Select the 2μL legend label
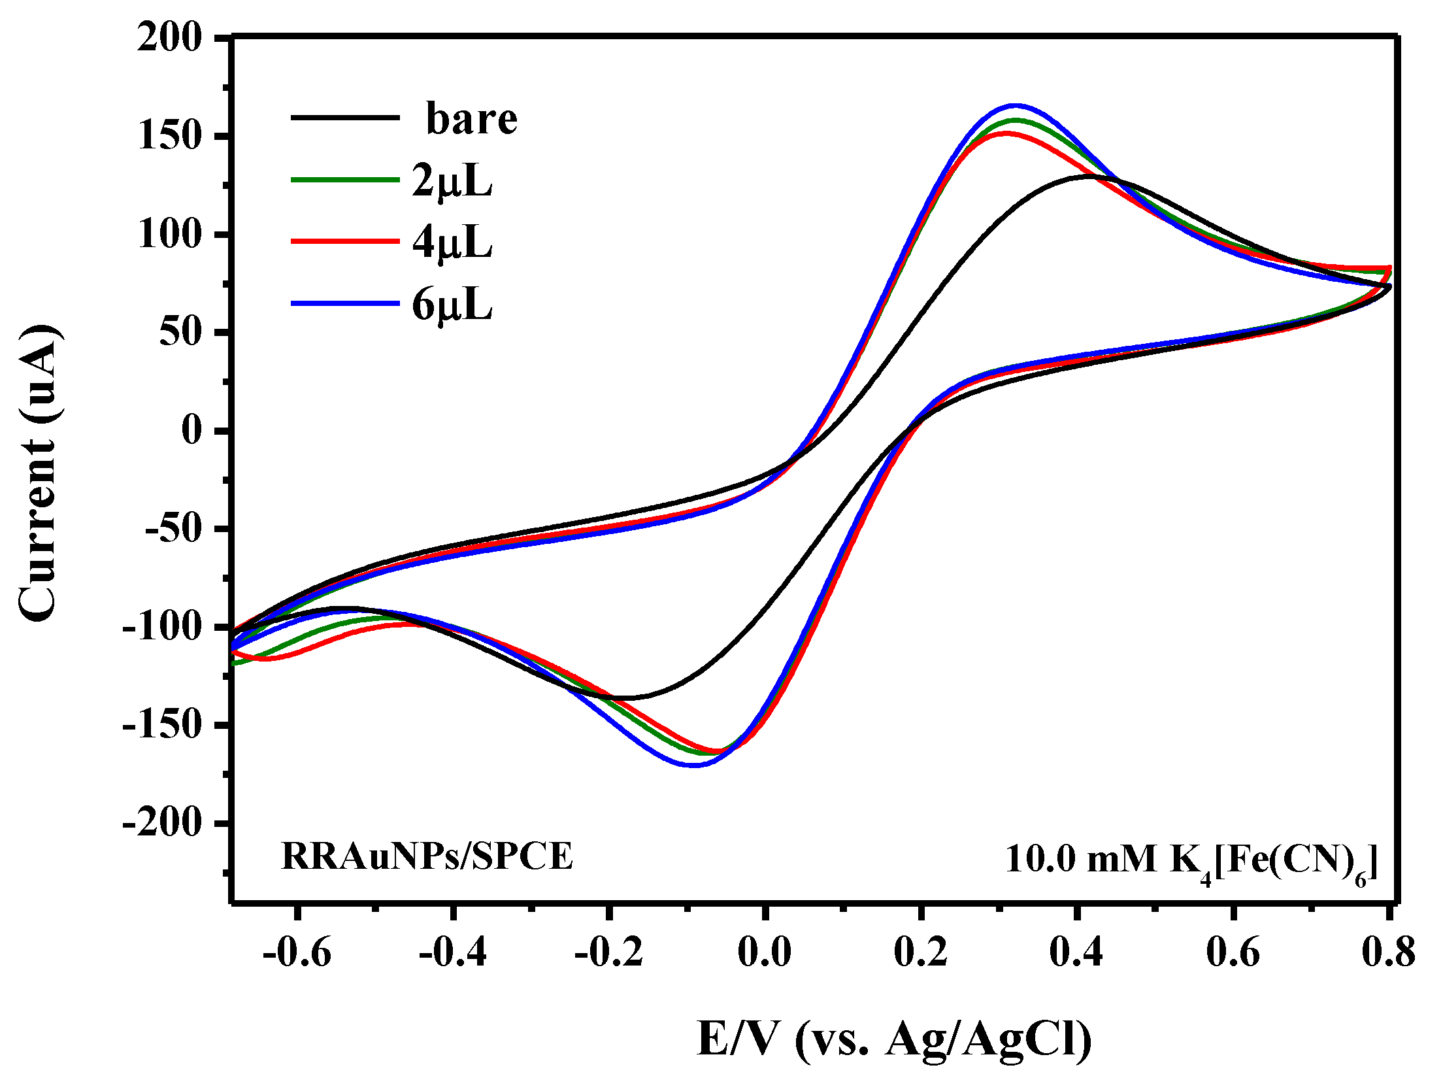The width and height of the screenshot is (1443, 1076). (x=452, y=181)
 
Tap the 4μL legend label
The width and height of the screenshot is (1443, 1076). (x=452, y=243)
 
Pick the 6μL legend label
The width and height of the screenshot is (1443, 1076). (x=452, y=305)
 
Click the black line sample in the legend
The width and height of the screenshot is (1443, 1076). (x=344, y=118)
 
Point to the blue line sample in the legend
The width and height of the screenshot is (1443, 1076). (x=344, y=303)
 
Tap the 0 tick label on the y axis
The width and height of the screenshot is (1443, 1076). (x=193, y=431)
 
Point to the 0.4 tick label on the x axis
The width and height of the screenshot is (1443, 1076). (x=1076, y=952)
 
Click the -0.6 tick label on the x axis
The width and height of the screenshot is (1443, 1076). (x=297, y=952)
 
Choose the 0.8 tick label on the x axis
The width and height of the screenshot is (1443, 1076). (x=1388, y=952)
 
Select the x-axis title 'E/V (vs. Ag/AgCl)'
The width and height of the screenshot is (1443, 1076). (x=894, y=1038)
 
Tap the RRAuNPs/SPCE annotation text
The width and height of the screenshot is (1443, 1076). (x=427, y=856)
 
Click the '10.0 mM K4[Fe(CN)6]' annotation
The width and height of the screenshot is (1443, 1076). (x=1191, y=860)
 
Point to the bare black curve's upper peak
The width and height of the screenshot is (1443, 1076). (x=1088, y=176)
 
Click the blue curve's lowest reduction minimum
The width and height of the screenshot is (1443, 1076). (x=694, y=765)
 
